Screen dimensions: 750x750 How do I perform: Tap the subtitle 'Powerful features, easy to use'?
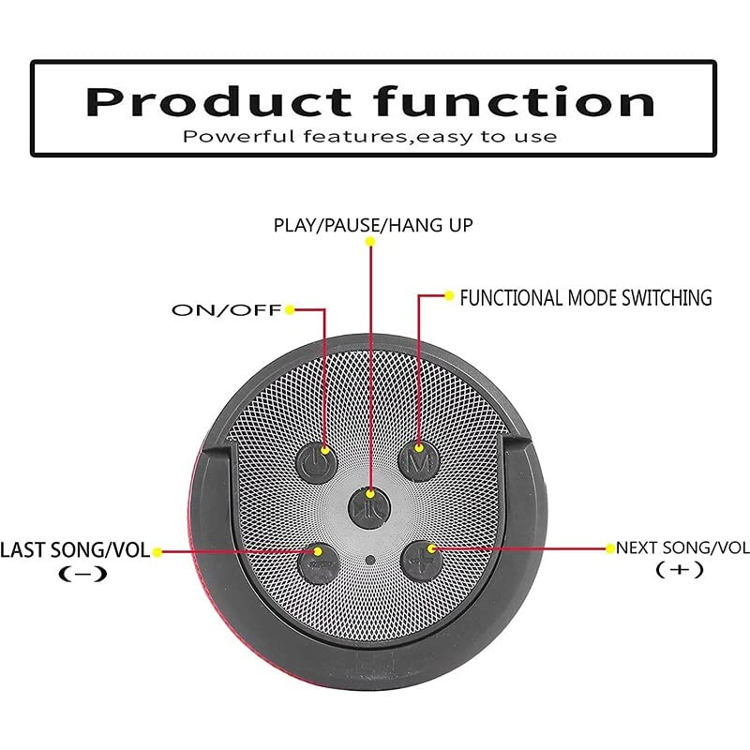pyautogui.click(x=370, y=137)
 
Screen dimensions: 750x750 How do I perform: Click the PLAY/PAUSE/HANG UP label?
pyautogui.click(x=373, y=225)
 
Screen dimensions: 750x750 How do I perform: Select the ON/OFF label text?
pyautogui.click(x=226, y=310)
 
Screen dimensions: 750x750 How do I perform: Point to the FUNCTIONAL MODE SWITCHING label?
pyautogui.click(x=585, y=298)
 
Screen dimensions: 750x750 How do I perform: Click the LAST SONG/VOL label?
pyautogui.click(x=75, y=550)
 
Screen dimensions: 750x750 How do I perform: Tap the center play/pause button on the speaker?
pyautogui.click(x=366, y=507)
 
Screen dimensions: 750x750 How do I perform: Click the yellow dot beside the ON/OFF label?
pyautogui.click(x=291, y=309)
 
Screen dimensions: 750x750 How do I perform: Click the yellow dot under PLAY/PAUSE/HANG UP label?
pyautogui.click(x=370, y=242)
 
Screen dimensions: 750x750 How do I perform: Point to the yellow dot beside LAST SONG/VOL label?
pyautogui.click(x=157, y=552)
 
